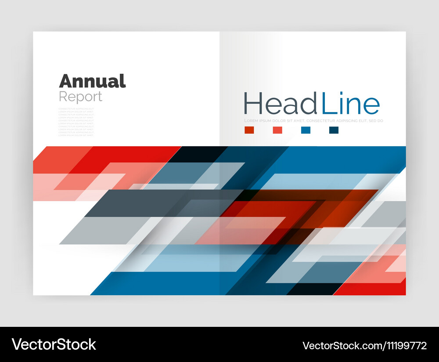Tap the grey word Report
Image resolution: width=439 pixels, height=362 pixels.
click(80, 96)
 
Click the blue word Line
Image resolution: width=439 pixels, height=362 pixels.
click(350, 104)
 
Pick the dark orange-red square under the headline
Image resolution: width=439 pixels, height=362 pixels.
click(249, 130)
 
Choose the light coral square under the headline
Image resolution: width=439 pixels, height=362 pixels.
click(277, 130)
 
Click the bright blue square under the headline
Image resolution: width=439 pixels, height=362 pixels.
click(306, 130)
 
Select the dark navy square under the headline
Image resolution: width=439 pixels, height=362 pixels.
click(334, 130)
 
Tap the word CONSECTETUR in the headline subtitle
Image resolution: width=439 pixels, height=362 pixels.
click(321, 121)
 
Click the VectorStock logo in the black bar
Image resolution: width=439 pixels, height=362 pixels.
click(54, 344)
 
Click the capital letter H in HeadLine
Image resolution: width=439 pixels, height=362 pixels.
click(252, 104)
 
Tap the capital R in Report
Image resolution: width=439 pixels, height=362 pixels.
click(63, 96)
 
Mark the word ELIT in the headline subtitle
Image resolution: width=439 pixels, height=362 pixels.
click(367, 121)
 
